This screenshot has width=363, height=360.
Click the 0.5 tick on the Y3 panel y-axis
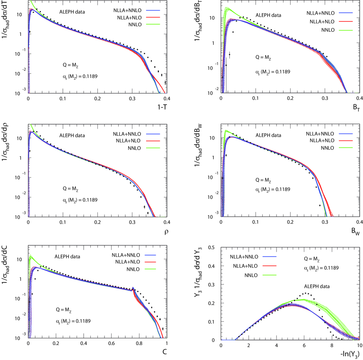click(215, 247)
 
